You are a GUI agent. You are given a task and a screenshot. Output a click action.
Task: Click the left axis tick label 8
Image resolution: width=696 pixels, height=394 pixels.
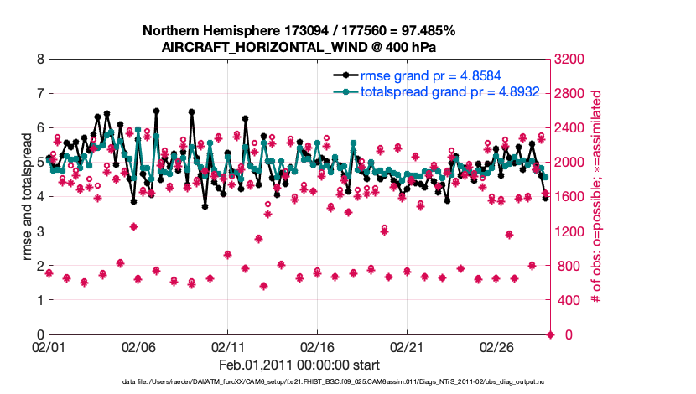(x=39, y=60)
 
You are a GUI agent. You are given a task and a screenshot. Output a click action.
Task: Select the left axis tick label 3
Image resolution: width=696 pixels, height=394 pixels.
(x=39, y=231)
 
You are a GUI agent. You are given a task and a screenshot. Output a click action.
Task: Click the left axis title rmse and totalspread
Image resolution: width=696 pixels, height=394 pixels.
(x=26, y=197)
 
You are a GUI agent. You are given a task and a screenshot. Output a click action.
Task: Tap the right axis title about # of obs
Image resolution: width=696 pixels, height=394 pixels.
(x=599, y=197)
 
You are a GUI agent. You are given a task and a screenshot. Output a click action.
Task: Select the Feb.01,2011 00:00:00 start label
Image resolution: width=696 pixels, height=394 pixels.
(x=299, y=365)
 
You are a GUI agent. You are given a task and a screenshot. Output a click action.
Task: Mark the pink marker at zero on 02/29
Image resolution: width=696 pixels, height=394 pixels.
(x=551, y=334)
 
